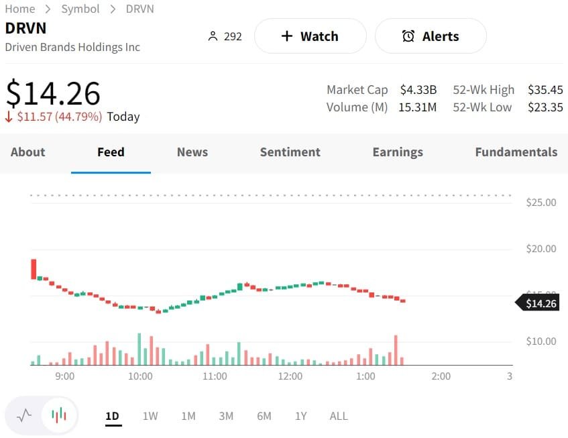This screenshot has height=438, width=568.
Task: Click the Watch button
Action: [310, 36]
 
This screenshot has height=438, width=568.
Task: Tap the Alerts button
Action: [431, 36]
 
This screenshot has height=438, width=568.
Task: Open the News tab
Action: [192, 152]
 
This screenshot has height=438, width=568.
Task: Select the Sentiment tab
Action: [290, 152]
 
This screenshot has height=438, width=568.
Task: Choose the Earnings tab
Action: [398, 152]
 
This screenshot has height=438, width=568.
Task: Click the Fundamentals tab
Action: [516, 152]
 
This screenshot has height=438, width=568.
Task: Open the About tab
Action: [27, 152]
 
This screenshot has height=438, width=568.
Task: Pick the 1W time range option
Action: [150, 416]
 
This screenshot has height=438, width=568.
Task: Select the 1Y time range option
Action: [301, 416]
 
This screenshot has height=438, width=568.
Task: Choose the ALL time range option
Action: [339, 416]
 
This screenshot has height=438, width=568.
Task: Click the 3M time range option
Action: [226, 416]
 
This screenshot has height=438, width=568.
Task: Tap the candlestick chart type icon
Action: [60, 415]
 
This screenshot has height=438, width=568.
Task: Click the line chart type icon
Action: [24, 415]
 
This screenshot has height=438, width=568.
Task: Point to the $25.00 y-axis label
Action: [541, 203]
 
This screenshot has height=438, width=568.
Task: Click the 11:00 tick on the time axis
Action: [215, 376]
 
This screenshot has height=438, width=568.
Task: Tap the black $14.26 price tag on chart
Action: [540, 304]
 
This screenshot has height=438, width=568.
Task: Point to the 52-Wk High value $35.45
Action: [545, 90]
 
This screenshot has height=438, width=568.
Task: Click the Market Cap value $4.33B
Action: [418, 90]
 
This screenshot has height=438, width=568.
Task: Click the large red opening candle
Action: [34, 269]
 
